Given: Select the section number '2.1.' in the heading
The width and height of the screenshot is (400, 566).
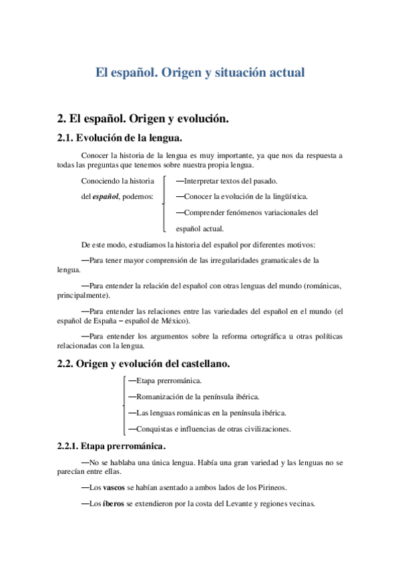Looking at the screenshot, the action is (66, 139).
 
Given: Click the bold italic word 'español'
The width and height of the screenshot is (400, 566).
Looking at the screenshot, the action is (105, 197).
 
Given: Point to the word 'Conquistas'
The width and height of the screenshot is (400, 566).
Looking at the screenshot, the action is (157, 429).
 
